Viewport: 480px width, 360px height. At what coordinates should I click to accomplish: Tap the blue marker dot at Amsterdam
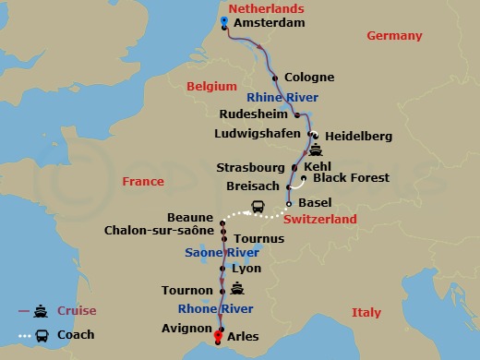coord(225,20)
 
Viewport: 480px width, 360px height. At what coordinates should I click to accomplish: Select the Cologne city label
coord(309,78)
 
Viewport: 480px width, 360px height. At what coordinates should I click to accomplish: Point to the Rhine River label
coord(282,97)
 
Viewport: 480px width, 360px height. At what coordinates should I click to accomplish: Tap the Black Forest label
coord(351,177)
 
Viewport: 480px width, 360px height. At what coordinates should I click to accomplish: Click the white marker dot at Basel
coord(289,203)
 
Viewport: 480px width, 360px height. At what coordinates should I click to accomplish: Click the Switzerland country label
coord(319,220)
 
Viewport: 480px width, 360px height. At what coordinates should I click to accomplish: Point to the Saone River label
coord(193,252)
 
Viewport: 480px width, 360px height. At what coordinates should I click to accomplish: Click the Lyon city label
coord(246,269)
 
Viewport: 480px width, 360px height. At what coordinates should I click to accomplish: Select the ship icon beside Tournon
coord(237,288)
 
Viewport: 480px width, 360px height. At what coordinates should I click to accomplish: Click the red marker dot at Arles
coord(219,336)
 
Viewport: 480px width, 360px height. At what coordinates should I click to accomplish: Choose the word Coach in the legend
coord(76,334)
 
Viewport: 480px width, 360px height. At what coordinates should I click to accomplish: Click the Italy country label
coord(366,313)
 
